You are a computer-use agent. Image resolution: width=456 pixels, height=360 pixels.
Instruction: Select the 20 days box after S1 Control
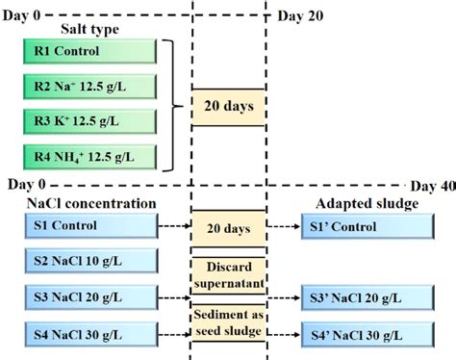tap(230, 228)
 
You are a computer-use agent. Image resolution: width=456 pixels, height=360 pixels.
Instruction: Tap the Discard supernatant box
tap(230, 272)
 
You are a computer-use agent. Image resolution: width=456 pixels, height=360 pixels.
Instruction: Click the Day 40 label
tap(433, 184)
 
